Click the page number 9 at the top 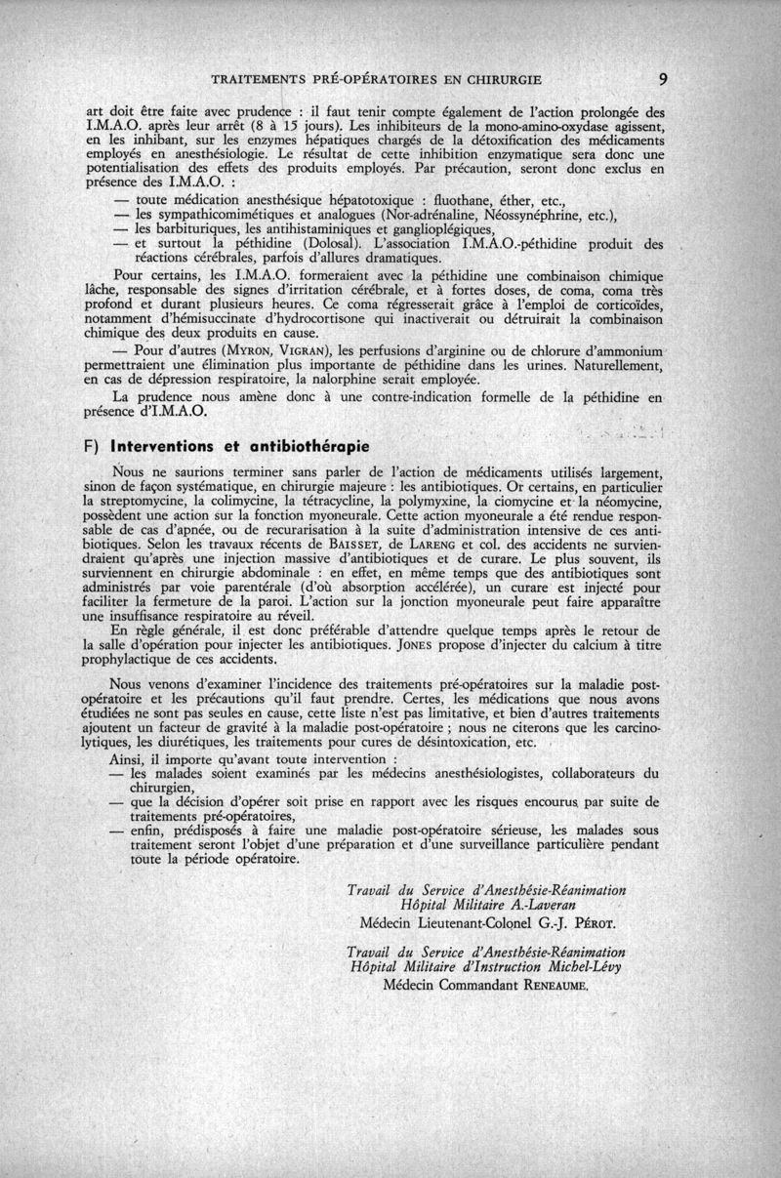pyautogui.click(x=663, y=79)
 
